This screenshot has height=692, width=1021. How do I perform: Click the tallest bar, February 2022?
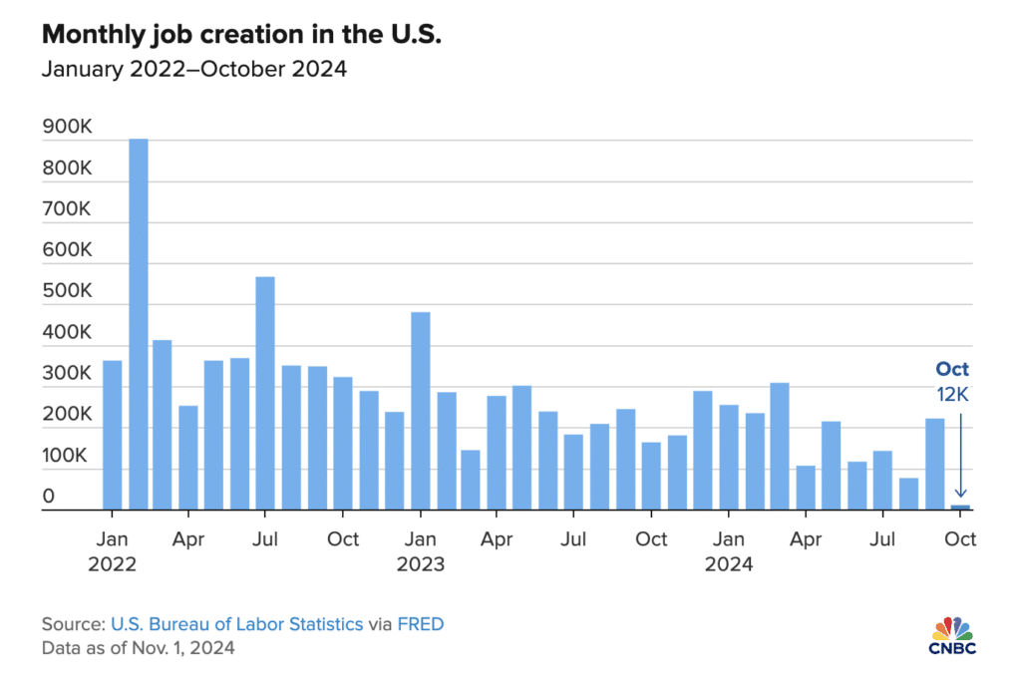coord(139,324)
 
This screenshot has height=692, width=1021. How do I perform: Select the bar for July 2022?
coord(265,393)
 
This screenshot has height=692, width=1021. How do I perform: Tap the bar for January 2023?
coord(421,411)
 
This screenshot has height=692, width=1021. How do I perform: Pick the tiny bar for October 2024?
coord(960,508)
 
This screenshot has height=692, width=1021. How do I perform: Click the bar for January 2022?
coord(113,435)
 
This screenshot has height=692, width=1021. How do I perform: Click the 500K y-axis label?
coord(67,292)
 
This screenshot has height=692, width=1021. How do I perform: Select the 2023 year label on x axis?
coord(421,564)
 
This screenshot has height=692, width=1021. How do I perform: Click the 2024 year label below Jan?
coord(729,564)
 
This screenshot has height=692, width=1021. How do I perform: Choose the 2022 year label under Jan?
coord(112,564)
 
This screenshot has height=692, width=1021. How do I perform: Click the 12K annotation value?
coord(952,394)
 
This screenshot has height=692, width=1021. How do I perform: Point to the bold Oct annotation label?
coord(952,369)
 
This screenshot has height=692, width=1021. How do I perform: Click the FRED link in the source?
coord(420,624)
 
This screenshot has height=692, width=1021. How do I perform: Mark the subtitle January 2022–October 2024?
coord(193,70)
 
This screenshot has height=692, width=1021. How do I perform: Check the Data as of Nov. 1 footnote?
coord(139,648)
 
